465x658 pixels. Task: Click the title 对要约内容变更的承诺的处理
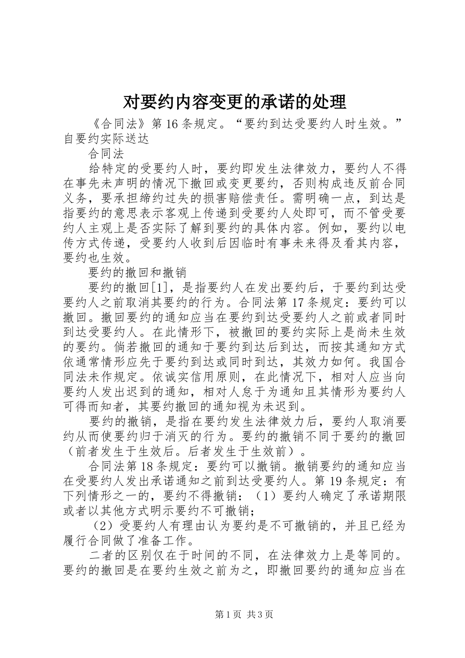click(x=234, y=102)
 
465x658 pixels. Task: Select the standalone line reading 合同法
click(x=106, y=154)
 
